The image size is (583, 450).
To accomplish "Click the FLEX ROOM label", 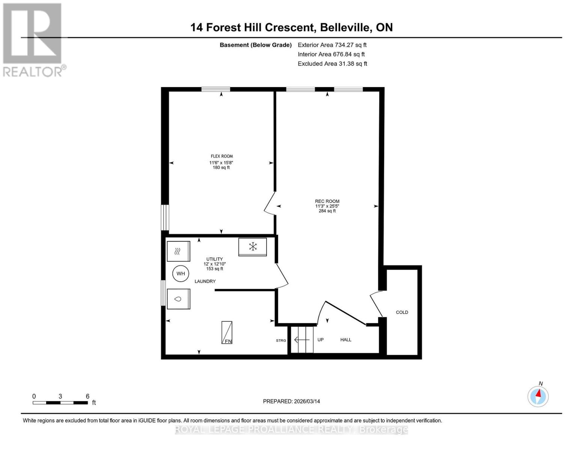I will tap(221, 156).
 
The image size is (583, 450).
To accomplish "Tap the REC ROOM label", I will tap(327, 201).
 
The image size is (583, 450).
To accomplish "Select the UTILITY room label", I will tap(214, 259).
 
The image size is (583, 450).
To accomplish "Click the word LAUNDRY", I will tap(205, 281).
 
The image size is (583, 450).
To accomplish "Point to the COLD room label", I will tap(402, 312).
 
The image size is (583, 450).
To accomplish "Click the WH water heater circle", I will tap(181, 274).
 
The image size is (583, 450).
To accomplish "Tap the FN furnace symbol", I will tap(227, 333).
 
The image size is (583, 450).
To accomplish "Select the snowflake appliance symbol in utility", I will tap(253, 247).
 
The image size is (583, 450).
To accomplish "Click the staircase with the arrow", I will tap(302, 340).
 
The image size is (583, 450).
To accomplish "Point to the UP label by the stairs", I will tap(320, 340).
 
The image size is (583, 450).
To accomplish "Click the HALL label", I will tap(346, 340).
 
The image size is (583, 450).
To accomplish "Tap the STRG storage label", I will tap(281, 340).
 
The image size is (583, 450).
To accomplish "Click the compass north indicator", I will tap(538, 396).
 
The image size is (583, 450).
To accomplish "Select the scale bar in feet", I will tap(60, 403).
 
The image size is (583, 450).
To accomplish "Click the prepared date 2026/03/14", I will tap(291, 401).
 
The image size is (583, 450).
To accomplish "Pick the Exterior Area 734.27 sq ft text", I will tap(332, 45).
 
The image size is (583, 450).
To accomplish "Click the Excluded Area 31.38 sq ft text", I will tap(332, 64).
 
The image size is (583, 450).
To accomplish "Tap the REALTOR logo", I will tap(33, 39).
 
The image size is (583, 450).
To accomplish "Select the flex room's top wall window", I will tap(215, 89).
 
